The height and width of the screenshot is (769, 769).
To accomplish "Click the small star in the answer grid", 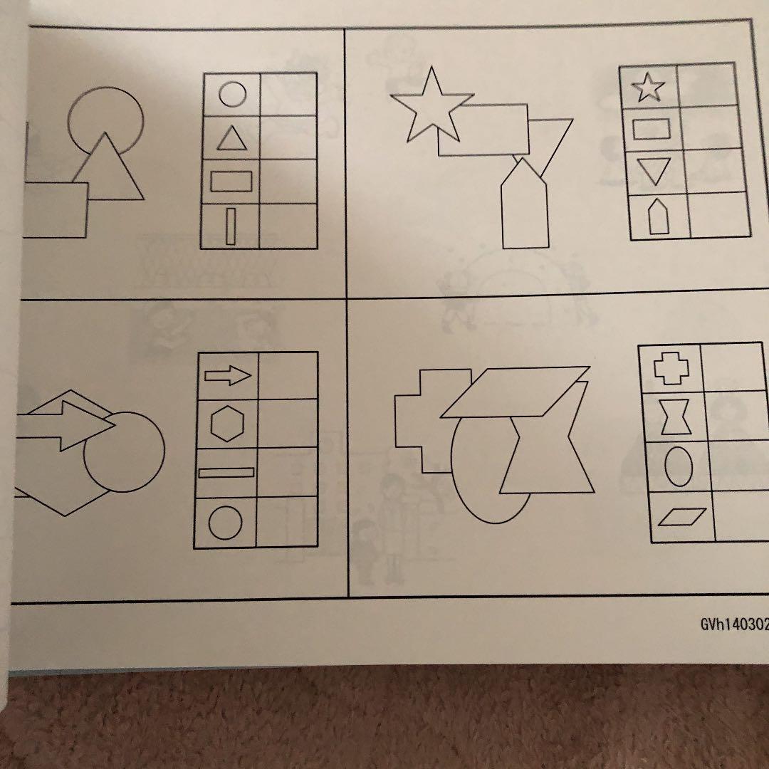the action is tap(649, 88).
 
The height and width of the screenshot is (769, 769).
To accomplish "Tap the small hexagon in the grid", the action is tap(227, 424).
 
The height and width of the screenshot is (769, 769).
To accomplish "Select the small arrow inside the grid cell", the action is tap(228, 376).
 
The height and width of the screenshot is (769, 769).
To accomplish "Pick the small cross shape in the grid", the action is tap(671, 368).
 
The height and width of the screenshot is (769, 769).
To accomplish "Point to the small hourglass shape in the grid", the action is tap(675, 417).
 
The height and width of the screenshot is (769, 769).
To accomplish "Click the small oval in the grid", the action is tap(679, 466).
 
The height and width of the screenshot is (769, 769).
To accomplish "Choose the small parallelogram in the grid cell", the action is tap(682, 517).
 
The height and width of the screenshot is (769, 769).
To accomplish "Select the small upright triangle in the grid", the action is tap(232, 140).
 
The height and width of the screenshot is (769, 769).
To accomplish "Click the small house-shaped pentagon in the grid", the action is tap(658, 216).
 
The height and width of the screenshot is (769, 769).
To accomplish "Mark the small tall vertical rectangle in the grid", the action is tap(230, 226).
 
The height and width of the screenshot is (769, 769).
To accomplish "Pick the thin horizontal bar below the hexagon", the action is tap(226, 473).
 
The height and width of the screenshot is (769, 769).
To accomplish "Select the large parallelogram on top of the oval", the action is tap(515, 392).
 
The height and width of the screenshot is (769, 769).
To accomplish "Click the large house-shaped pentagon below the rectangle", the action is tap(524, 205).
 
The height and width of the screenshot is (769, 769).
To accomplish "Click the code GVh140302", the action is tap(734, 624).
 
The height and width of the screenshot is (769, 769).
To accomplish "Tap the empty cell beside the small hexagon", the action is tap(288, 424).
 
